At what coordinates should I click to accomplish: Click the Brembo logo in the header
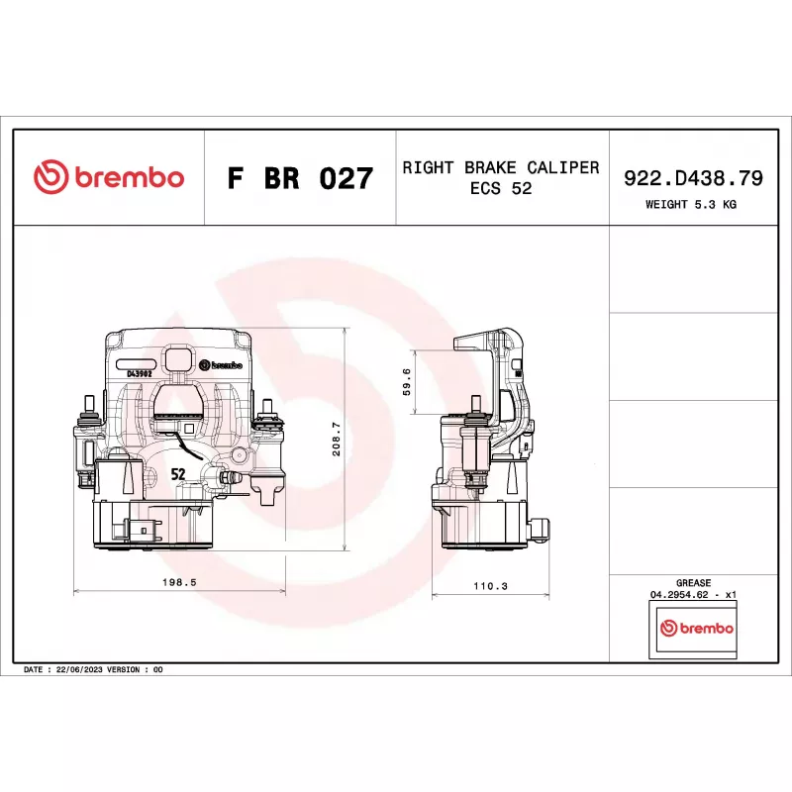[x=109, y=177]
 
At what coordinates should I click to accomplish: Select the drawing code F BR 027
[x=300, y=178]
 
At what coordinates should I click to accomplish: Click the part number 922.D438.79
[x=693, y=178]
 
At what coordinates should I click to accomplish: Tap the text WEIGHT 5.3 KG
[x=690, y=205]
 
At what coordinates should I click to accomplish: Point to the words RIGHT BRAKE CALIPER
[x=501, y=167]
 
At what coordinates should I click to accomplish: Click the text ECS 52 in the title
[x=501, y=188]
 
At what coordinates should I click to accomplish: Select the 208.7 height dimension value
[x=337, y=439]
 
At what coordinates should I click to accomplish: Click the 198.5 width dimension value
[x=179, y=582]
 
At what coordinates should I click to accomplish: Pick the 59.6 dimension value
[x=407, y=381]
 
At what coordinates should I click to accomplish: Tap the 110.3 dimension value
[x=490, y=586]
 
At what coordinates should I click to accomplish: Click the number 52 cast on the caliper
[x=178, y=474]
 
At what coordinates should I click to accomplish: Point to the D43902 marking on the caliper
[x=140, y=374]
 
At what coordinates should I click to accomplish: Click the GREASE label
[x=694, y=583]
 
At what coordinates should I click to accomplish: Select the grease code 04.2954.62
[x=679, y=595]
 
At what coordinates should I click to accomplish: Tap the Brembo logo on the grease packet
[x=697, y=628]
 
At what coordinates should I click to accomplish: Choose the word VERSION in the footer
[x=123, y=670]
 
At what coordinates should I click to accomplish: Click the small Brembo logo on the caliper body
[x=221, y=364]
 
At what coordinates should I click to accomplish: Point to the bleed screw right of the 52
[x=229, y=476]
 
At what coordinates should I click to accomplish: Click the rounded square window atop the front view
[x=179, y=358]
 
